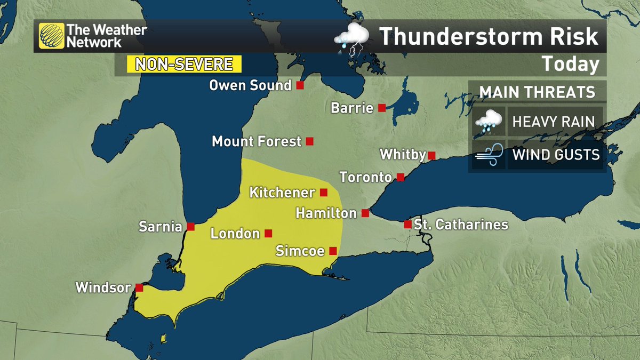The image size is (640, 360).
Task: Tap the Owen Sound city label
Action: (250, 85)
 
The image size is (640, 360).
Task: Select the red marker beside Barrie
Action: (382, 108)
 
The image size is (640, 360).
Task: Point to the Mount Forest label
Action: (256, 142)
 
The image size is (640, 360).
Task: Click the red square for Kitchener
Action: (323, 192)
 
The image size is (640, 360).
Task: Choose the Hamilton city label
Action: (326, 213)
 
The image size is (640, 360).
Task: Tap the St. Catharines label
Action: (461, 225)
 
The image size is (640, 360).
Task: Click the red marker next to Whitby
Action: (432, 156)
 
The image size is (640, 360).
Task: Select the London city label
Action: (235, 234)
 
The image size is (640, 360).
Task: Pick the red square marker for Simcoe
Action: (333, 251)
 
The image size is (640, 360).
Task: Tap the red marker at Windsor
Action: (139, 288)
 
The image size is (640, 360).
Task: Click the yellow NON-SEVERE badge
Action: (184, 64)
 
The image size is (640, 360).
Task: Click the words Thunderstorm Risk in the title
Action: (489, 37)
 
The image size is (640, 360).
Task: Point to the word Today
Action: (570, 65)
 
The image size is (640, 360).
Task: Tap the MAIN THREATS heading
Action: (537, 92)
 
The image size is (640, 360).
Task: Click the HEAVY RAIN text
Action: (553, 121)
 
